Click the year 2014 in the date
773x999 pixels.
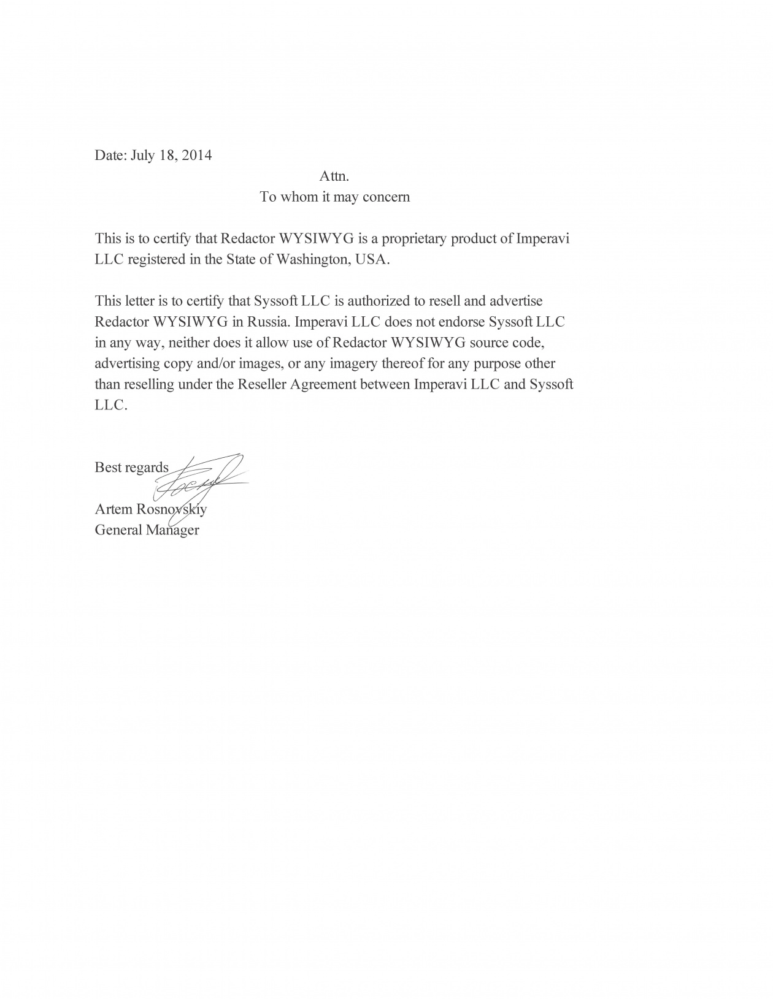196,155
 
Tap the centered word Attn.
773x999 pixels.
334,177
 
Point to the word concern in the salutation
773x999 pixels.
385,197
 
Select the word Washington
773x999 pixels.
314,259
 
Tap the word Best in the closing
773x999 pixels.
108,468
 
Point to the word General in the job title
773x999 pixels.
118,530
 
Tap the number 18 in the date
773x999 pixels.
169,155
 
